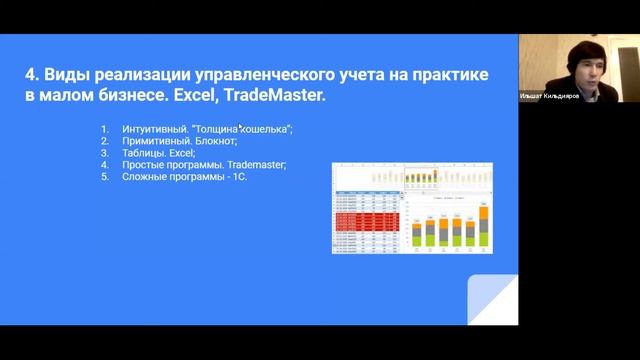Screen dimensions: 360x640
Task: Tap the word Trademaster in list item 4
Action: [257, 164]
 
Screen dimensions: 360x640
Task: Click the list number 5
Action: [104, 176]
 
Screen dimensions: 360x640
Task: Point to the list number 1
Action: [104, 129]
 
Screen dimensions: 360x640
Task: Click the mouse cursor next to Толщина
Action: [241, 128]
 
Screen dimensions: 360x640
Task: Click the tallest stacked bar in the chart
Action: [484, 225]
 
